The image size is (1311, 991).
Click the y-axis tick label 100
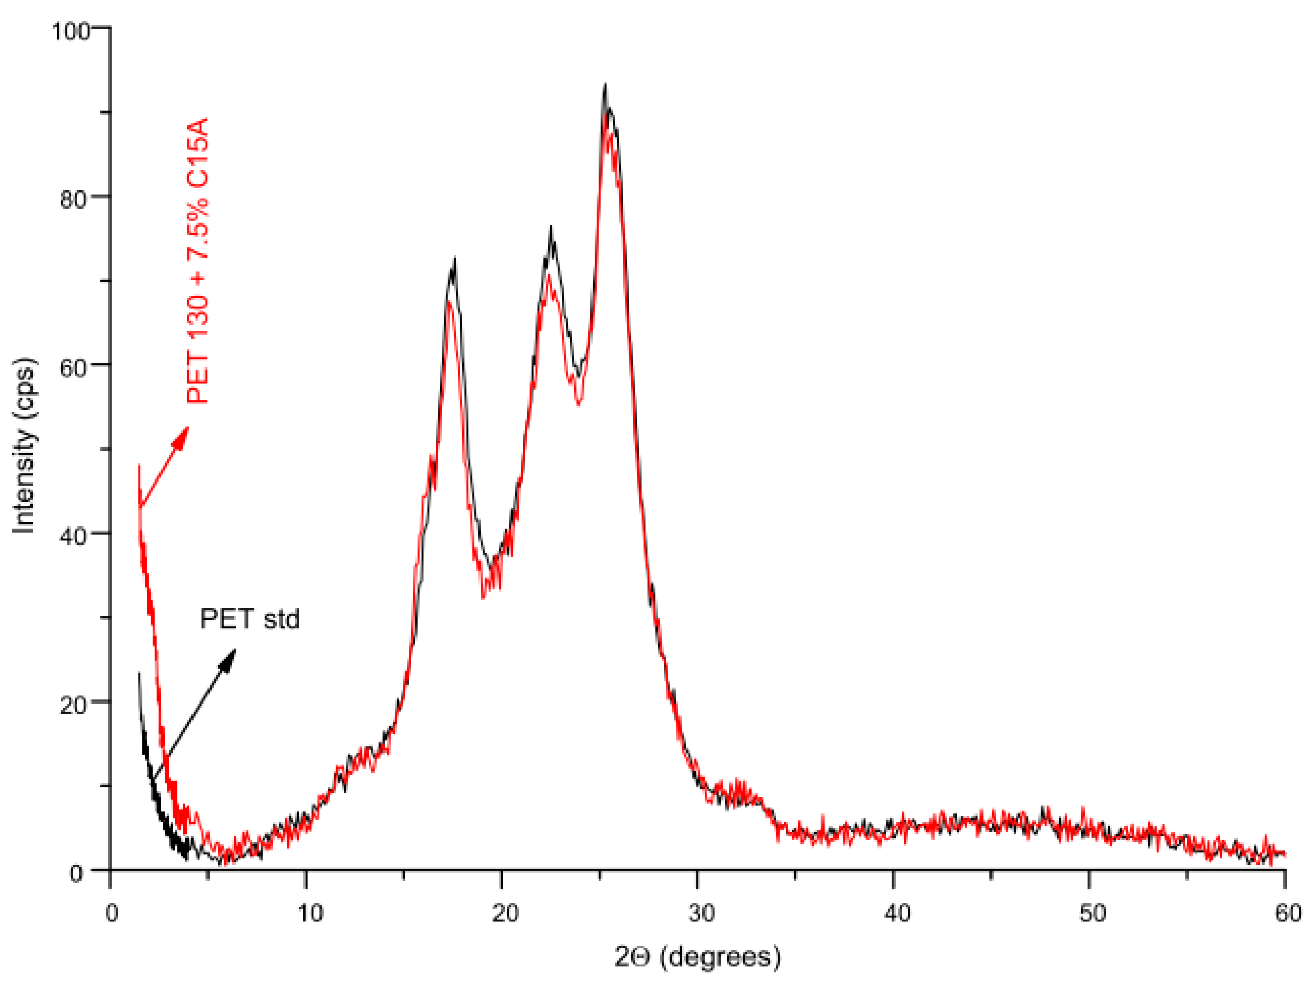point(70,31)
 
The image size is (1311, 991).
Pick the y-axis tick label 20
point(73,704)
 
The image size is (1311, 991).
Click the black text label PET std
point(249,619)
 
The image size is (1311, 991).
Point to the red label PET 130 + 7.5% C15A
point(197,261)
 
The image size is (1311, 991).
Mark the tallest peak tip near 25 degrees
point(605,85)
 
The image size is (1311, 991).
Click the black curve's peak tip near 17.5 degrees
point(455,259)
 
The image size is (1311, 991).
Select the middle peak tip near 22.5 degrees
point(551,227)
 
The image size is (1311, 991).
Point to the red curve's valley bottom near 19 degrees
point(483,598)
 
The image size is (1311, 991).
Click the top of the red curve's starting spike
point(140,466)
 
